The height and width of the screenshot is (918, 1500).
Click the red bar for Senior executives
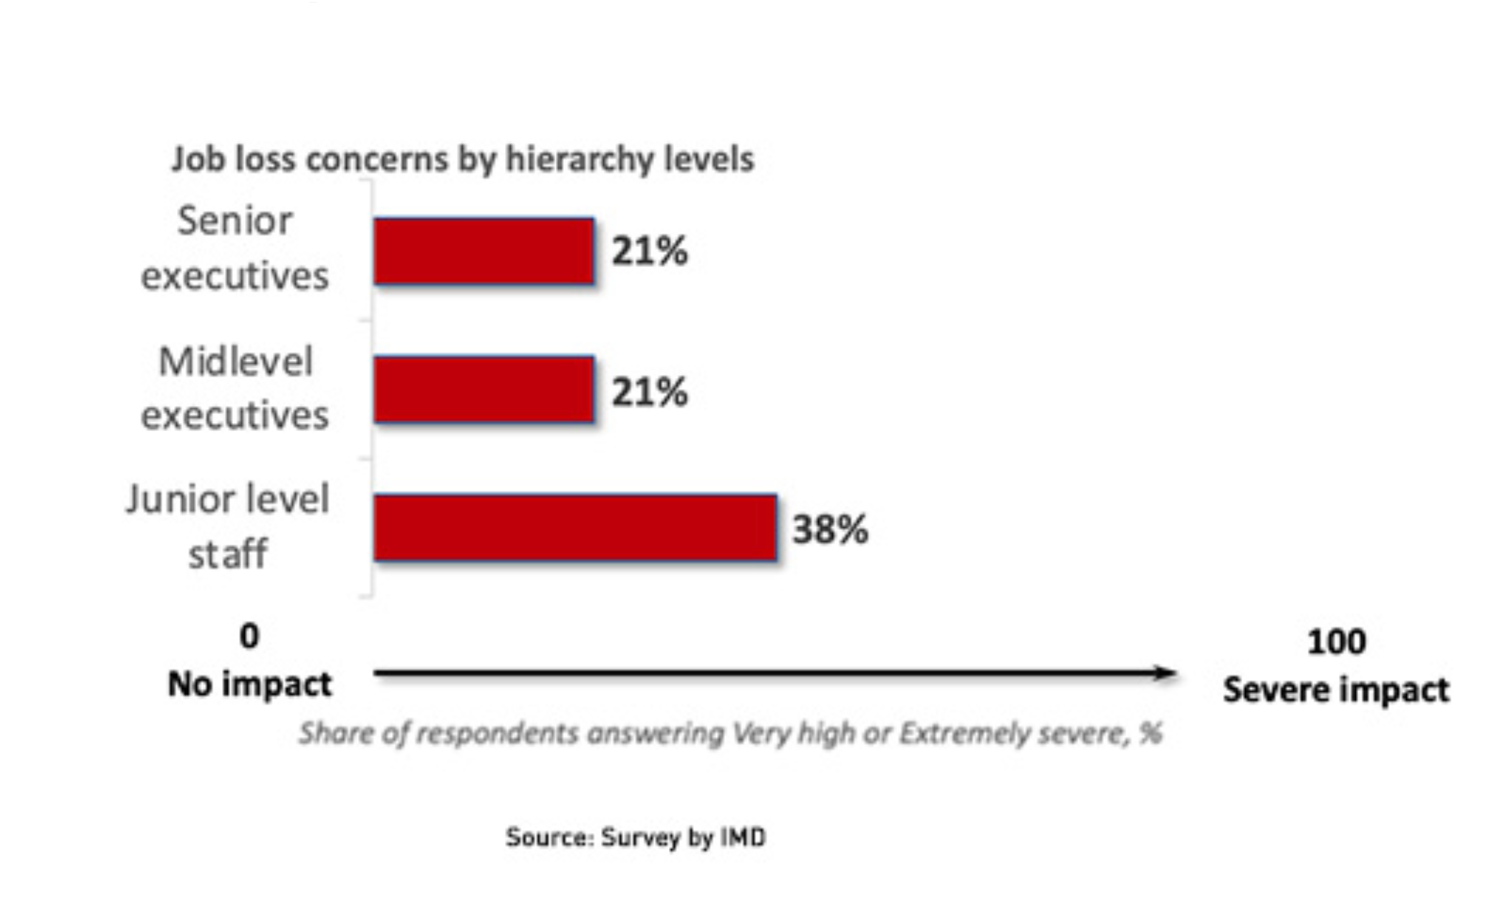pyautogui.click(x=484, y=251)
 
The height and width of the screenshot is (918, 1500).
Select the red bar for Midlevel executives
pyautogui.click(x=484, y=390)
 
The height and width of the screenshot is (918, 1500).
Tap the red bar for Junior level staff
pyautogui.click(x=575, y=528)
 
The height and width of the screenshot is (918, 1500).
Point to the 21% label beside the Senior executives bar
pyautogui.click(x=649, y=251)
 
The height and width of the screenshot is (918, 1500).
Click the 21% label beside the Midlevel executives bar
pyautogui.click(x=649, y=392)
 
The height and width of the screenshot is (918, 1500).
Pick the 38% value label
pyautogui.click(x=830, y=529)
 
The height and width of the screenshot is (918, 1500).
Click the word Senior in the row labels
pyautogui.click(x=235, y=221)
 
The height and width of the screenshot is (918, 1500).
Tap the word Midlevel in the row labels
pyautogui.click(x=236, y=361)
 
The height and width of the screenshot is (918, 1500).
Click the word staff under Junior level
pyautogui.click(x=228, y=554)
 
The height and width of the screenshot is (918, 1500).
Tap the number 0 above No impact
pyautogui.click(x=249, y=636)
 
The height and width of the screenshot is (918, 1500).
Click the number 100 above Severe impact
pyautogui.click(x=1336, y=642)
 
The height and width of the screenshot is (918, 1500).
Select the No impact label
pyautogui.click(x=249, y=684)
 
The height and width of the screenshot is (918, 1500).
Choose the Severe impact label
pyautogui.click(x=1336, y=690)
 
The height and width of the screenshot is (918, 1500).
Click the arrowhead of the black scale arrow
pyautogui.click(x=1164, y=673)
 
